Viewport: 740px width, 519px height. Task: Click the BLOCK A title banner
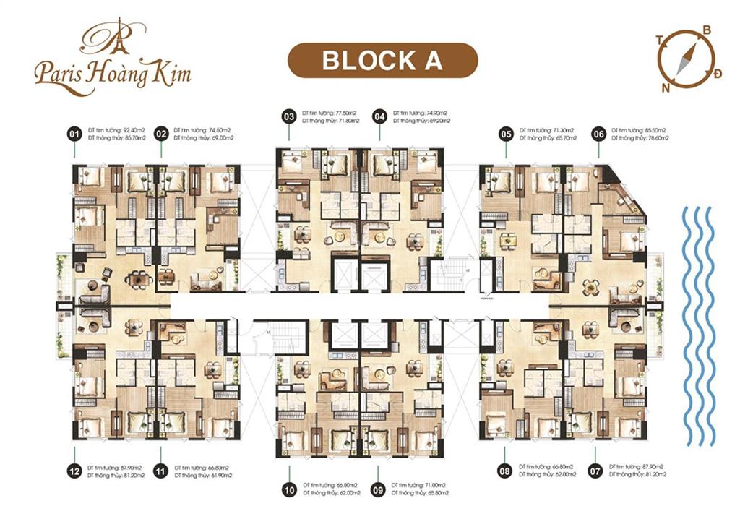tap(382, 60)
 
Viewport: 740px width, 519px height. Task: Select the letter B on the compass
tap(707, 30)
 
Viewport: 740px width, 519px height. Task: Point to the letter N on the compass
tap(664, 87)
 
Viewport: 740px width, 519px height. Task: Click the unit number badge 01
tap(73, 134)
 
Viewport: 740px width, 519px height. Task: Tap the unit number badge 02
tap(161, 134)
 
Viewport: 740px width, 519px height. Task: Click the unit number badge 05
tap(506, 134)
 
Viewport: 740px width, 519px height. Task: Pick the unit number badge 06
tap(598, 134)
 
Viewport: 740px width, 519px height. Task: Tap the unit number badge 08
tap(505, 471)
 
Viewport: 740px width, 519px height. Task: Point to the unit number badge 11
tap(161, 471)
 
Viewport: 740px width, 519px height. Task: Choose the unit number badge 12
tap(73, 471)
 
